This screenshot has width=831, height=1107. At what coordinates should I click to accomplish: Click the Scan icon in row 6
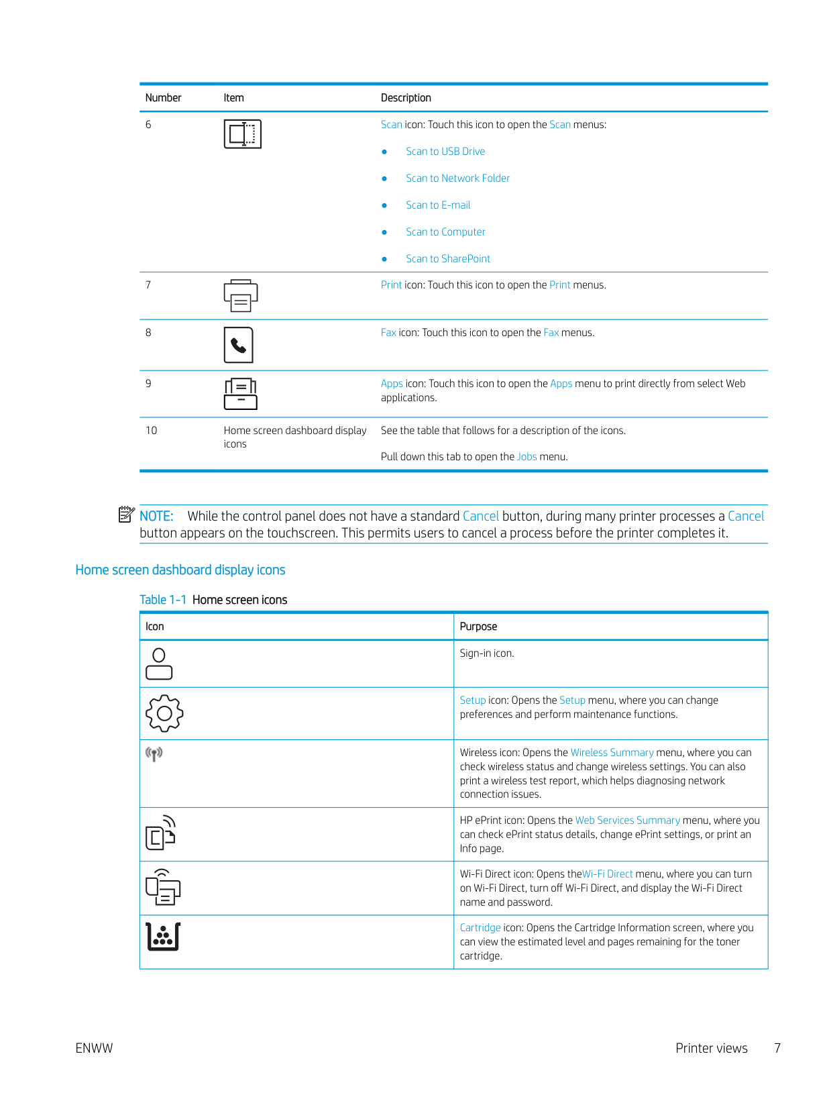(242, 134)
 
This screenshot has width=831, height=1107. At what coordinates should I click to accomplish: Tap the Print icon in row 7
(240, 296)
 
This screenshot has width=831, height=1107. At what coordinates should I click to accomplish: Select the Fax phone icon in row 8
(238, 346)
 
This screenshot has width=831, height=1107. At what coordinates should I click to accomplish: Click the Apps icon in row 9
(240, 394)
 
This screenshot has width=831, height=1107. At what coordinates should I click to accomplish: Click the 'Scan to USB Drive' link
(445, 152)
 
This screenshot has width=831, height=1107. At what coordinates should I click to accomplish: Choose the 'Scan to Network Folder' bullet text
(457, 178)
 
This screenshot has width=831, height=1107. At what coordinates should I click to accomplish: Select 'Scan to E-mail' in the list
(438, 205)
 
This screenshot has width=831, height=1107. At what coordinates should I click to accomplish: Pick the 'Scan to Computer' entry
(445, 232)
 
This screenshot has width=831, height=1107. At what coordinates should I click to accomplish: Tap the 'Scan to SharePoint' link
(447, 259)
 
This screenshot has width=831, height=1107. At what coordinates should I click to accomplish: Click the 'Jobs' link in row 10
(527, 457)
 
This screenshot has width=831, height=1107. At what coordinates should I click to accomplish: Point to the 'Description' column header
(406, 98)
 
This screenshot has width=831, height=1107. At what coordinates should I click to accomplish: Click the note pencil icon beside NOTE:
(126, 515)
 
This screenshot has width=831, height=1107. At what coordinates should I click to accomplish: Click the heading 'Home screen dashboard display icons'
(180, 570)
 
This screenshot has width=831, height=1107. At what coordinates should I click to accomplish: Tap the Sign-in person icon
(159, 664)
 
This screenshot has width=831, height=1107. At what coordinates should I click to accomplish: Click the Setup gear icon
(164, 713)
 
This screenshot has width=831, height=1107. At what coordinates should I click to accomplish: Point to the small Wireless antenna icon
(154, 754)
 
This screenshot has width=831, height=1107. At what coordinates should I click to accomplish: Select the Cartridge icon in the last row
(163, 937)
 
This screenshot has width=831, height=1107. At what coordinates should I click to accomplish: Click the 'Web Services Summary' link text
(627, 821)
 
